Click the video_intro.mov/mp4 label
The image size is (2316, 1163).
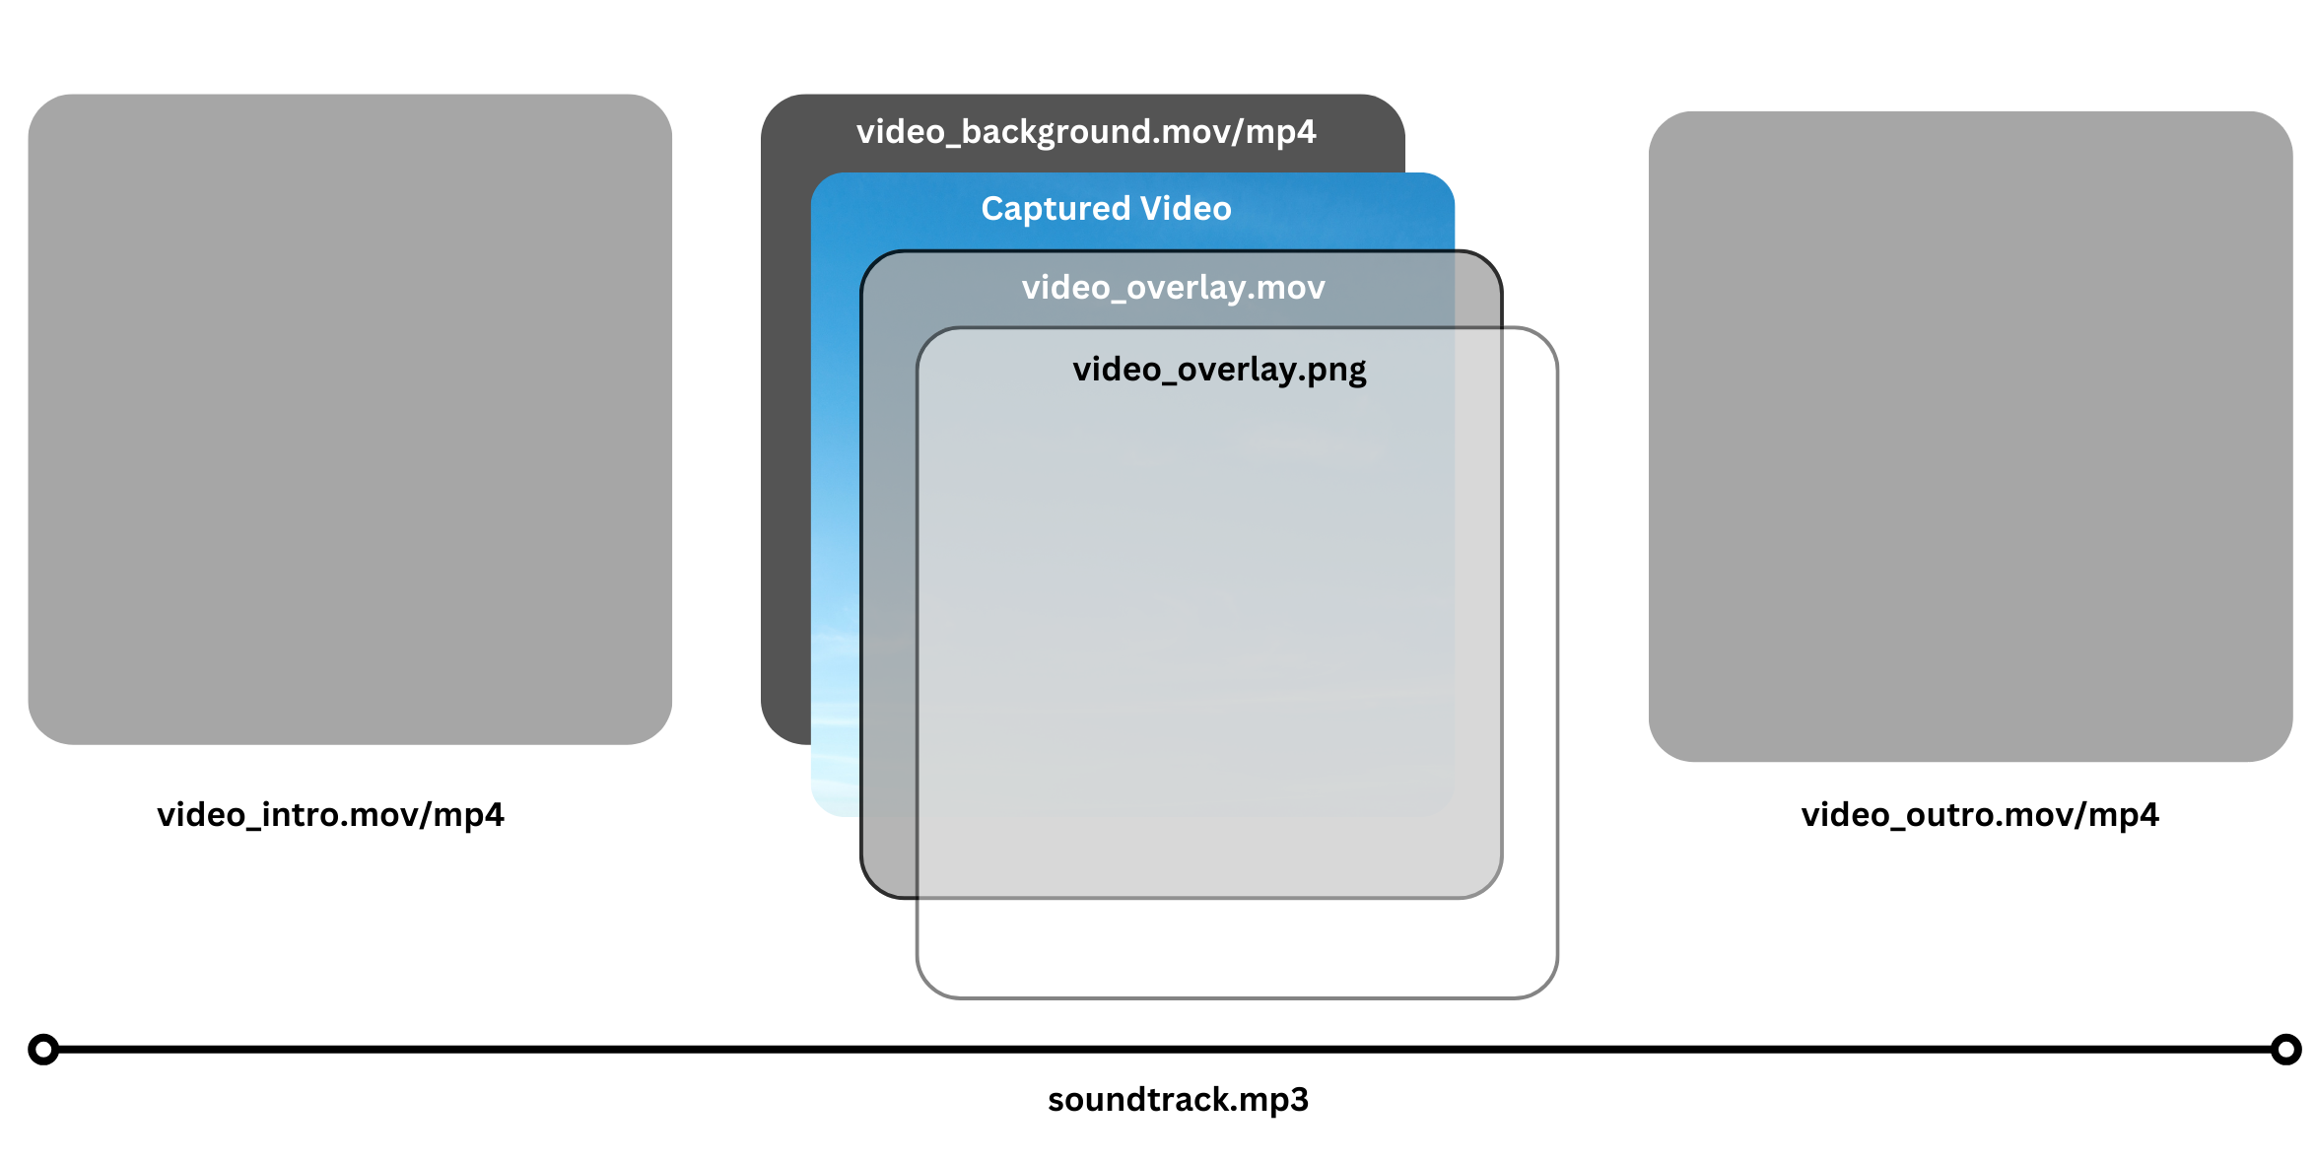point(330,815)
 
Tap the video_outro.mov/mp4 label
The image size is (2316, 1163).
point(1980,815)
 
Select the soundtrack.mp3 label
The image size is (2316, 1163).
point(1178,1100)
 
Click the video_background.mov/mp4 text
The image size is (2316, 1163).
point(1086,132)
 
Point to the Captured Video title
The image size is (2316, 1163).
point(1106,209)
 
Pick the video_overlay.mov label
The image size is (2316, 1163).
point(1173,288)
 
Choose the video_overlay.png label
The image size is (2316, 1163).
point(1219,370)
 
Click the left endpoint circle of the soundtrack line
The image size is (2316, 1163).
point(43,1050)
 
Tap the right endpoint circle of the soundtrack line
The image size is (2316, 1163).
point(2285,1050)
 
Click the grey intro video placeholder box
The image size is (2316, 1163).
point(350,419)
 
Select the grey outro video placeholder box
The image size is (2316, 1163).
point(1970,436)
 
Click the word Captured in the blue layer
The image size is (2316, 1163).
point(1056,209)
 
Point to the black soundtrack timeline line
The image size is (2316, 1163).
point(1163,1050)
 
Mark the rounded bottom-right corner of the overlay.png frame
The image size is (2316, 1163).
point(1543,984)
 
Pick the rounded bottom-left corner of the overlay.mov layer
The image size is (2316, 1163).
point(875,884)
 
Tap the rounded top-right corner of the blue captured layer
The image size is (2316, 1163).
point(1441,186)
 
